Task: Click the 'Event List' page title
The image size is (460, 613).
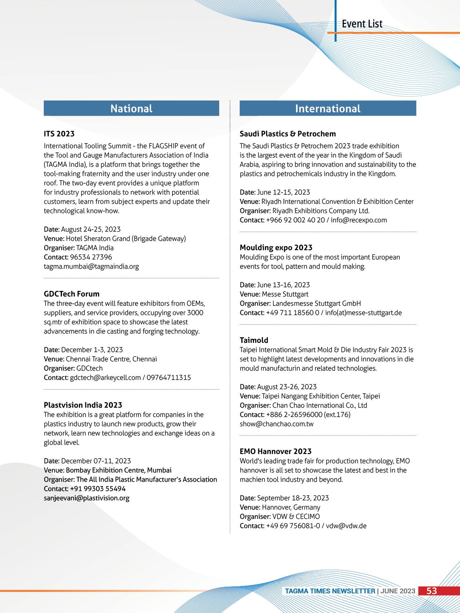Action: tap(362, 24)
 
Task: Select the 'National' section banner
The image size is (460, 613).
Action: tap(131, 109)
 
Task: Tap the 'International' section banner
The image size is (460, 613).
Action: tap(328, 109)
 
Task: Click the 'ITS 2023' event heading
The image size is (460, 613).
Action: tap(59, 134)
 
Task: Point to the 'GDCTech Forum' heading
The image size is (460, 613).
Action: tap(72, 294)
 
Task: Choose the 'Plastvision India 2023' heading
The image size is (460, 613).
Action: tap(83, 405)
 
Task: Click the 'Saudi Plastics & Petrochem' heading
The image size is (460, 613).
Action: tap(287, 134)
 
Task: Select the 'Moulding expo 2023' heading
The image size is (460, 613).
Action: tap(276, 248)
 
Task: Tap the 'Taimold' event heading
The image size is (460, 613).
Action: tap(254, 340)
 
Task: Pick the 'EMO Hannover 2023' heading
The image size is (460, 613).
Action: tap(275, 451)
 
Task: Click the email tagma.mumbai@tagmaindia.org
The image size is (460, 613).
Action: tap(91, 266)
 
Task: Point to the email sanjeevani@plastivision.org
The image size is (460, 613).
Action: tap(86, 498)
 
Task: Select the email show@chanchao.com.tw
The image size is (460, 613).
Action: tap(276, 424)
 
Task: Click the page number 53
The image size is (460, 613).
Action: tap(431, 591)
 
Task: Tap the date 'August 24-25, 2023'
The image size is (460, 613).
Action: tap(91, 229)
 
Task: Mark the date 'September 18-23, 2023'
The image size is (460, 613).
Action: tap(293, 498)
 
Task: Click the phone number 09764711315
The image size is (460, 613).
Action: tap(169, 378)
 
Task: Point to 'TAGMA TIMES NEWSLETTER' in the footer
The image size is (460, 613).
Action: tap(330, 591)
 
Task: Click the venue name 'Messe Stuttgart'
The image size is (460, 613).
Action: tap(285, 294)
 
